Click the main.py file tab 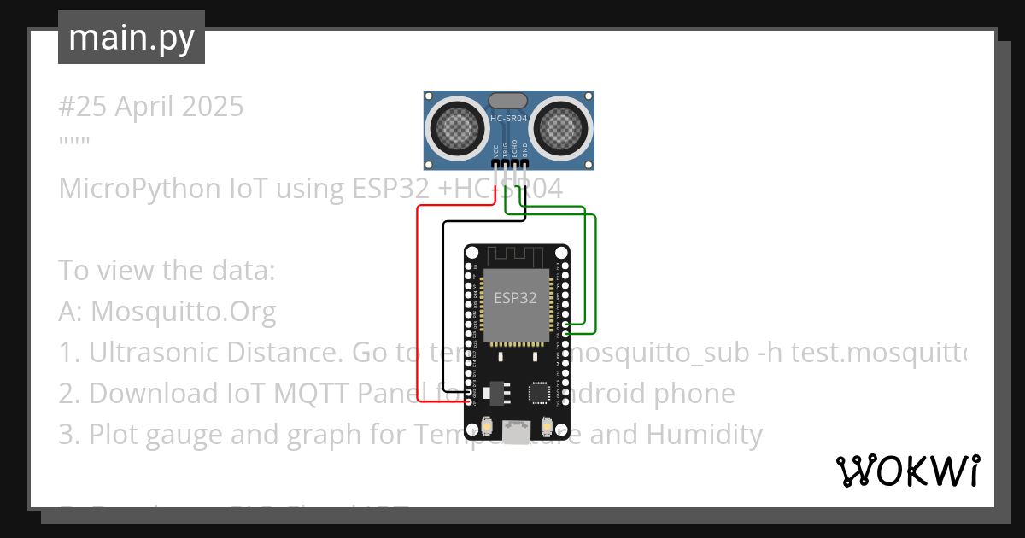click(x=132, y=38)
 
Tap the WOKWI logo click(x=907, y=471)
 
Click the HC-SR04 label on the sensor click(x=508, y=120)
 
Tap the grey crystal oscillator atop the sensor click(x=508, y=101)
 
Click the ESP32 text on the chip click(x=516, y=298)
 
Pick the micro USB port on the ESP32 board click(x=515, y=432)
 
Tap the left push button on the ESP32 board click(x=486, y=425)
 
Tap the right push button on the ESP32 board click(x=547, y=425)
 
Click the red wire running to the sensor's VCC click(x=417, y=299)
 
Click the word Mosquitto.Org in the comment click(x=183, y=312)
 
